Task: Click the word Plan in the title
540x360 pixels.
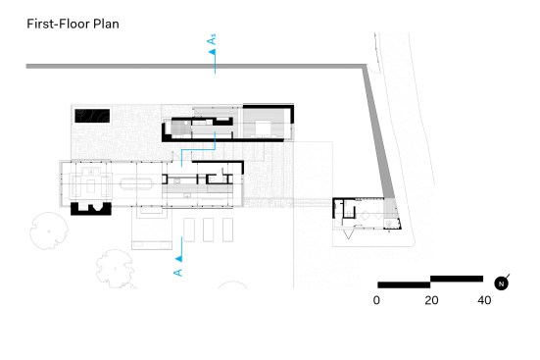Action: point(106,24)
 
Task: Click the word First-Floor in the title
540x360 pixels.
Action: point(59,24)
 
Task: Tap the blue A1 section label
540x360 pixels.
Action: point(212,39)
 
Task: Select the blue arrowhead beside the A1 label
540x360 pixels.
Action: point(213,52)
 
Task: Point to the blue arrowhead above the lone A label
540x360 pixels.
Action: point(178,259)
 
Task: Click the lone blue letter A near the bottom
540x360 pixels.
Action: point(177,273)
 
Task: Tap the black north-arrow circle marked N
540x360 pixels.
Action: point(501,283)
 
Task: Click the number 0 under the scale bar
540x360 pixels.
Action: point(376,300)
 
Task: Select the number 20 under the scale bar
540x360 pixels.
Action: point(431,300)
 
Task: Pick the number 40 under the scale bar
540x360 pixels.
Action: point(484,300)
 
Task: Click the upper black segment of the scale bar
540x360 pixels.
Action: point(457,279)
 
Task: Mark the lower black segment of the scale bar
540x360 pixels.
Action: point(404,284)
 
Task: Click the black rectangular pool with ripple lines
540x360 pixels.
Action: point(92,116)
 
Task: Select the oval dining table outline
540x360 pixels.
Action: point(136,183)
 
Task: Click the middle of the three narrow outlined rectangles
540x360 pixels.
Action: point(209,230)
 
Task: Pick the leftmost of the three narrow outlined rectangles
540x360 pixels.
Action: point(189,230)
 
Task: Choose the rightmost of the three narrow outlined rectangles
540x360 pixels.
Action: point(227,230)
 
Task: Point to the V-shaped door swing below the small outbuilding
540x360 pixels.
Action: point(349,233)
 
